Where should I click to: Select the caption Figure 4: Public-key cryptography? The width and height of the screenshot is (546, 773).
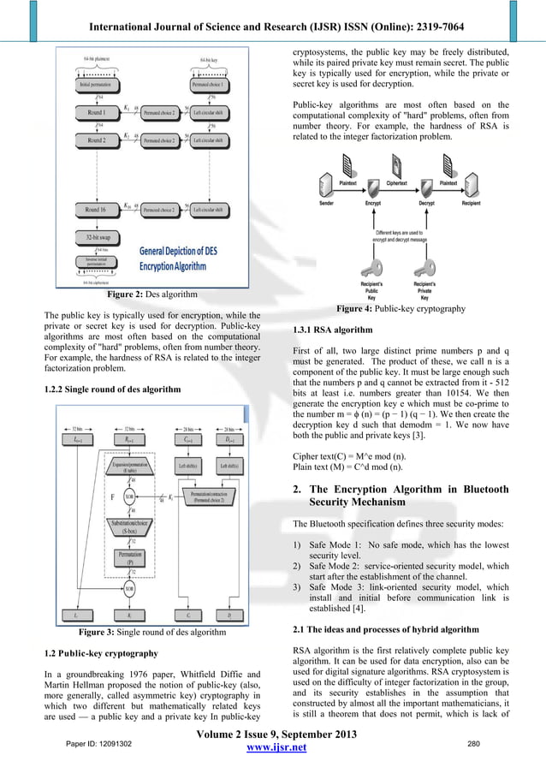point(400,307)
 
